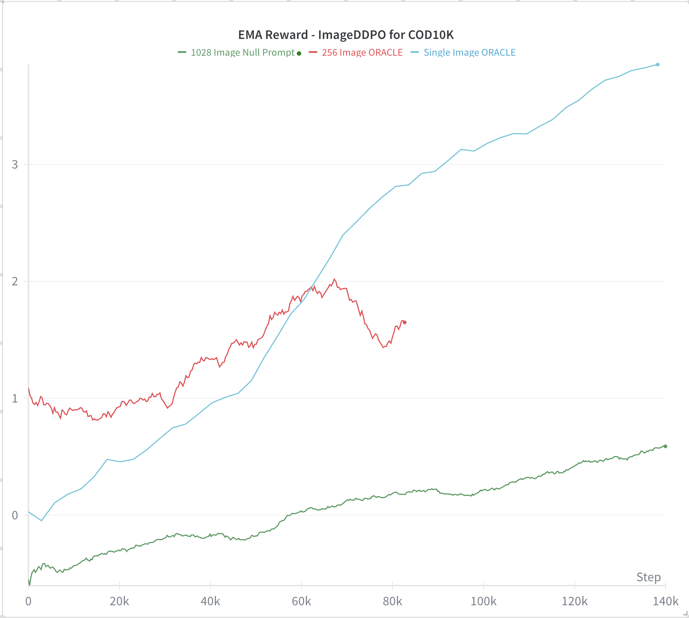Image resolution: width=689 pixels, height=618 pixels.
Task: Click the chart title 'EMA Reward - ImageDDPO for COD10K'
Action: pos(346,35)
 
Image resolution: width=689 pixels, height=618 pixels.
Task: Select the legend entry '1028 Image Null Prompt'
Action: pos(243,53)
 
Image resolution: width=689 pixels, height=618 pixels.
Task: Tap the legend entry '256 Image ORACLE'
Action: pos(362,53)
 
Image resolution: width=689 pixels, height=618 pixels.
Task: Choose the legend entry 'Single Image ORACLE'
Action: pos(469,53)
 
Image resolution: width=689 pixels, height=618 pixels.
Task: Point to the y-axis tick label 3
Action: pos(15,165)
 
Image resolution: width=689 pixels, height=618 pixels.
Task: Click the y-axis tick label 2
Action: pos(15,281)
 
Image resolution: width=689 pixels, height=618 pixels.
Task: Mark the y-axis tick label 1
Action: pos(15,399)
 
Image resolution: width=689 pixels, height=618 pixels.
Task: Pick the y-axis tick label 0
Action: pos(15,515)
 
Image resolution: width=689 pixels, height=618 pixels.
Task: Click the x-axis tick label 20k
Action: pos(119,601)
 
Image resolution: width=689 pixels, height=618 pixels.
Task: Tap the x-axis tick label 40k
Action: pos(210,601)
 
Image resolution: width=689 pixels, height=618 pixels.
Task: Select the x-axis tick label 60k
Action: pos(302,601)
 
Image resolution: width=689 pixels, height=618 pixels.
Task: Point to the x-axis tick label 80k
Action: pos(393,601)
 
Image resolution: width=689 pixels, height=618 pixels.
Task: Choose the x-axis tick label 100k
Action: pos(484,601)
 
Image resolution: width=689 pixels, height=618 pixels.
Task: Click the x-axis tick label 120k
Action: pos(575,601)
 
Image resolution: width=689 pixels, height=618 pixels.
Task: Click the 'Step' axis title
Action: pos(649,577)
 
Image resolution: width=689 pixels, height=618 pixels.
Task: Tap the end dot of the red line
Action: pos(405,322)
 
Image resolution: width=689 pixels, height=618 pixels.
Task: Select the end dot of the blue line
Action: pos(658,65)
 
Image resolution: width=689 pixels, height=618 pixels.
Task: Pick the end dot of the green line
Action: pos(665,446)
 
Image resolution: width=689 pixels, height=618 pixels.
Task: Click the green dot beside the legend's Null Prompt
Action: pos(299,54)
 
